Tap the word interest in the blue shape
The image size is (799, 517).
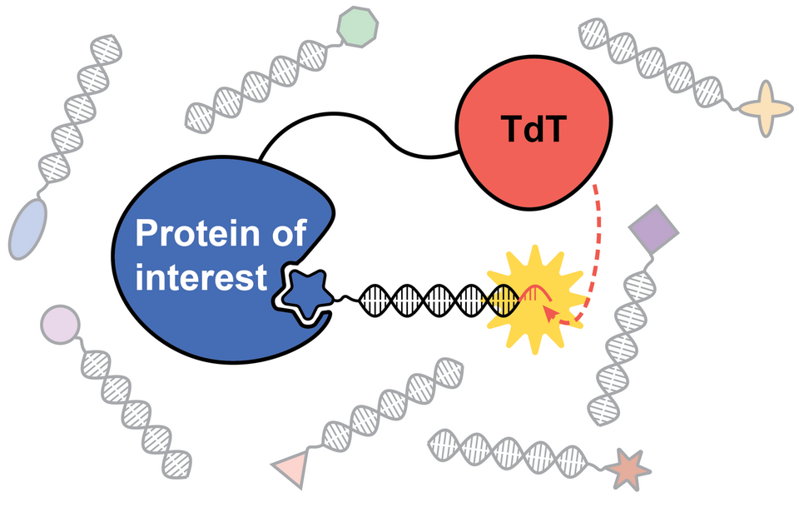(x=201, y=277)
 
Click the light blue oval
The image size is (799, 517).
(x=28, y=227)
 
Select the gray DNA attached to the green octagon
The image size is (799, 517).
(x=258, y=84)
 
